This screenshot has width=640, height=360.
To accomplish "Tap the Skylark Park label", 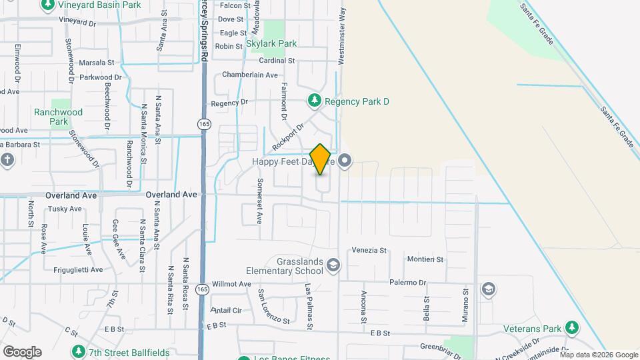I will [271, 43].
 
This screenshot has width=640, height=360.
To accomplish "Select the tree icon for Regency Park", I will [314, 101].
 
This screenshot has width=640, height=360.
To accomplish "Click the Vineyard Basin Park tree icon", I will [47, 5].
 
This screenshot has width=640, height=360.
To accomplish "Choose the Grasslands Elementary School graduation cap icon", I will [333, 267].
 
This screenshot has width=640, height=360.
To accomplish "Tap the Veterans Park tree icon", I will [571, 328].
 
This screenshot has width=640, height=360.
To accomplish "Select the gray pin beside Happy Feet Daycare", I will [345, 161].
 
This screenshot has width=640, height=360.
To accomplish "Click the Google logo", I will [21, 352].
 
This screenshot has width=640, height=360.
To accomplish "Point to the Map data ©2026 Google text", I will [599, 355].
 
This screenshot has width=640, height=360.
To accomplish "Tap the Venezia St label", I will [370, 251].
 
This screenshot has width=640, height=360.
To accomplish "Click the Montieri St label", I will [425, 257].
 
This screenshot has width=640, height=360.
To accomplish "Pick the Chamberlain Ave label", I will [249, 75].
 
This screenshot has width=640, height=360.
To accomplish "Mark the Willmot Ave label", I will [231, 284].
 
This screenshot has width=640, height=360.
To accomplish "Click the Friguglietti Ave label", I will [78, 270].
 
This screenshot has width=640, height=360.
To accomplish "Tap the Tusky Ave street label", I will [65, 209].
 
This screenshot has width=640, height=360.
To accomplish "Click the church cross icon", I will [7, 160].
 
